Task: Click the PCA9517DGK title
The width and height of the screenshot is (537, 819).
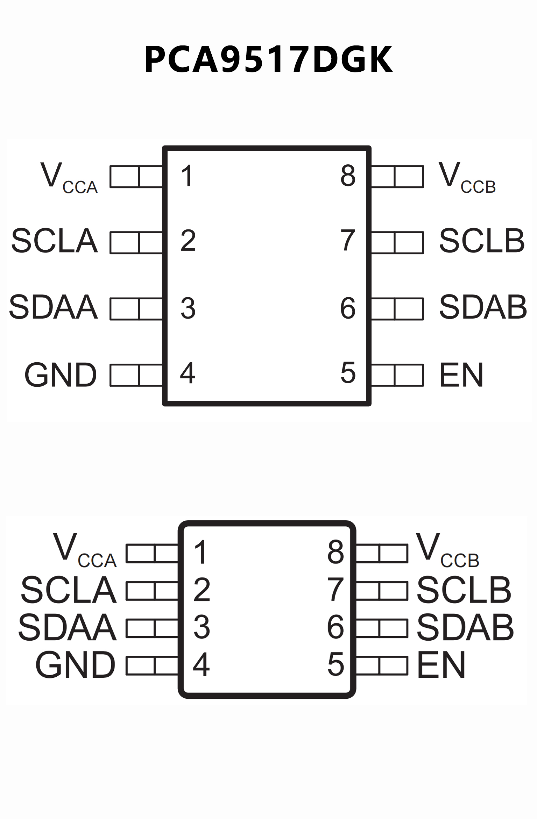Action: (268, 59)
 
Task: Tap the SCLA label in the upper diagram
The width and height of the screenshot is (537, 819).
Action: (54, 241)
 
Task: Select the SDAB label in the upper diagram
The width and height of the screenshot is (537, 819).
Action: (483, 307)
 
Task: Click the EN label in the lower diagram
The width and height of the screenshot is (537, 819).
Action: (441, 665)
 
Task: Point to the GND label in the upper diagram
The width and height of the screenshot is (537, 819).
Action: (61, 375)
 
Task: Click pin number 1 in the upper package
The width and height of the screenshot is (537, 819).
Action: (187, 176)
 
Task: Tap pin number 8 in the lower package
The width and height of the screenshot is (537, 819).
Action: (335, 552)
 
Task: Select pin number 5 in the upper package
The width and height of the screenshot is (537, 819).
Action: (348, 373)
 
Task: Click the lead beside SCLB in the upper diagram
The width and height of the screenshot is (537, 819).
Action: (397, 242)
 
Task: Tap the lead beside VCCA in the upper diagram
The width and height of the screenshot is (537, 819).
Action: (136, 177)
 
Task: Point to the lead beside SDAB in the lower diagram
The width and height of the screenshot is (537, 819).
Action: (382, 628)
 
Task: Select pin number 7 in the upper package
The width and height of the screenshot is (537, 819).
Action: (348, 240)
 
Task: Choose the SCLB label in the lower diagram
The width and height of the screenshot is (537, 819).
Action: (464, 590)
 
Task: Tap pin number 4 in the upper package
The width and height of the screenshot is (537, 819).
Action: (188, 373)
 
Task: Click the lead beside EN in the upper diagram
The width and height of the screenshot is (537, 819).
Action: (397, 375)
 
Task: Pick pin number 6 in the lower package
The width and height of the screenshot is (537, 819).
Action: (335, 627)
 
